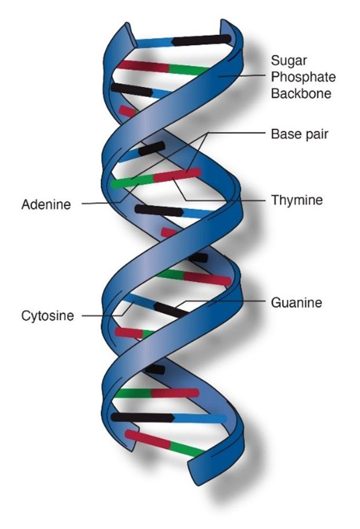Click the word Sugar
pos(289,61)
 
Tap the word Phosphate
pos(304,77)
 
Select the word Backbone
pos(301,93)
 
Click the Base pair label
pos(299,134)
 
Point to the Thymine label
pos(297,200)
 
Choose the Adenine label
pos(46,205)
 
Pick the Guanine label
pos(296,302)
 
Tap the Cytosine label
pos(47,316)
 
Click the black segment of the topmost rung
pos(201,40)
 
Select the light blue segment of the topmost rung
pos(154,43)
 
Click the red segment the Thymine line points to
pos(177,175)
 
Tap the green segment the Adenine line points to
pos(132,182)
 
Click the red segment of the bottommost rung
pos(148,439)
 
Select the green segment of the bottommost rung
pos(187,449)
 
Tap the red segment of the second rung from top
pos(143,66)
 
